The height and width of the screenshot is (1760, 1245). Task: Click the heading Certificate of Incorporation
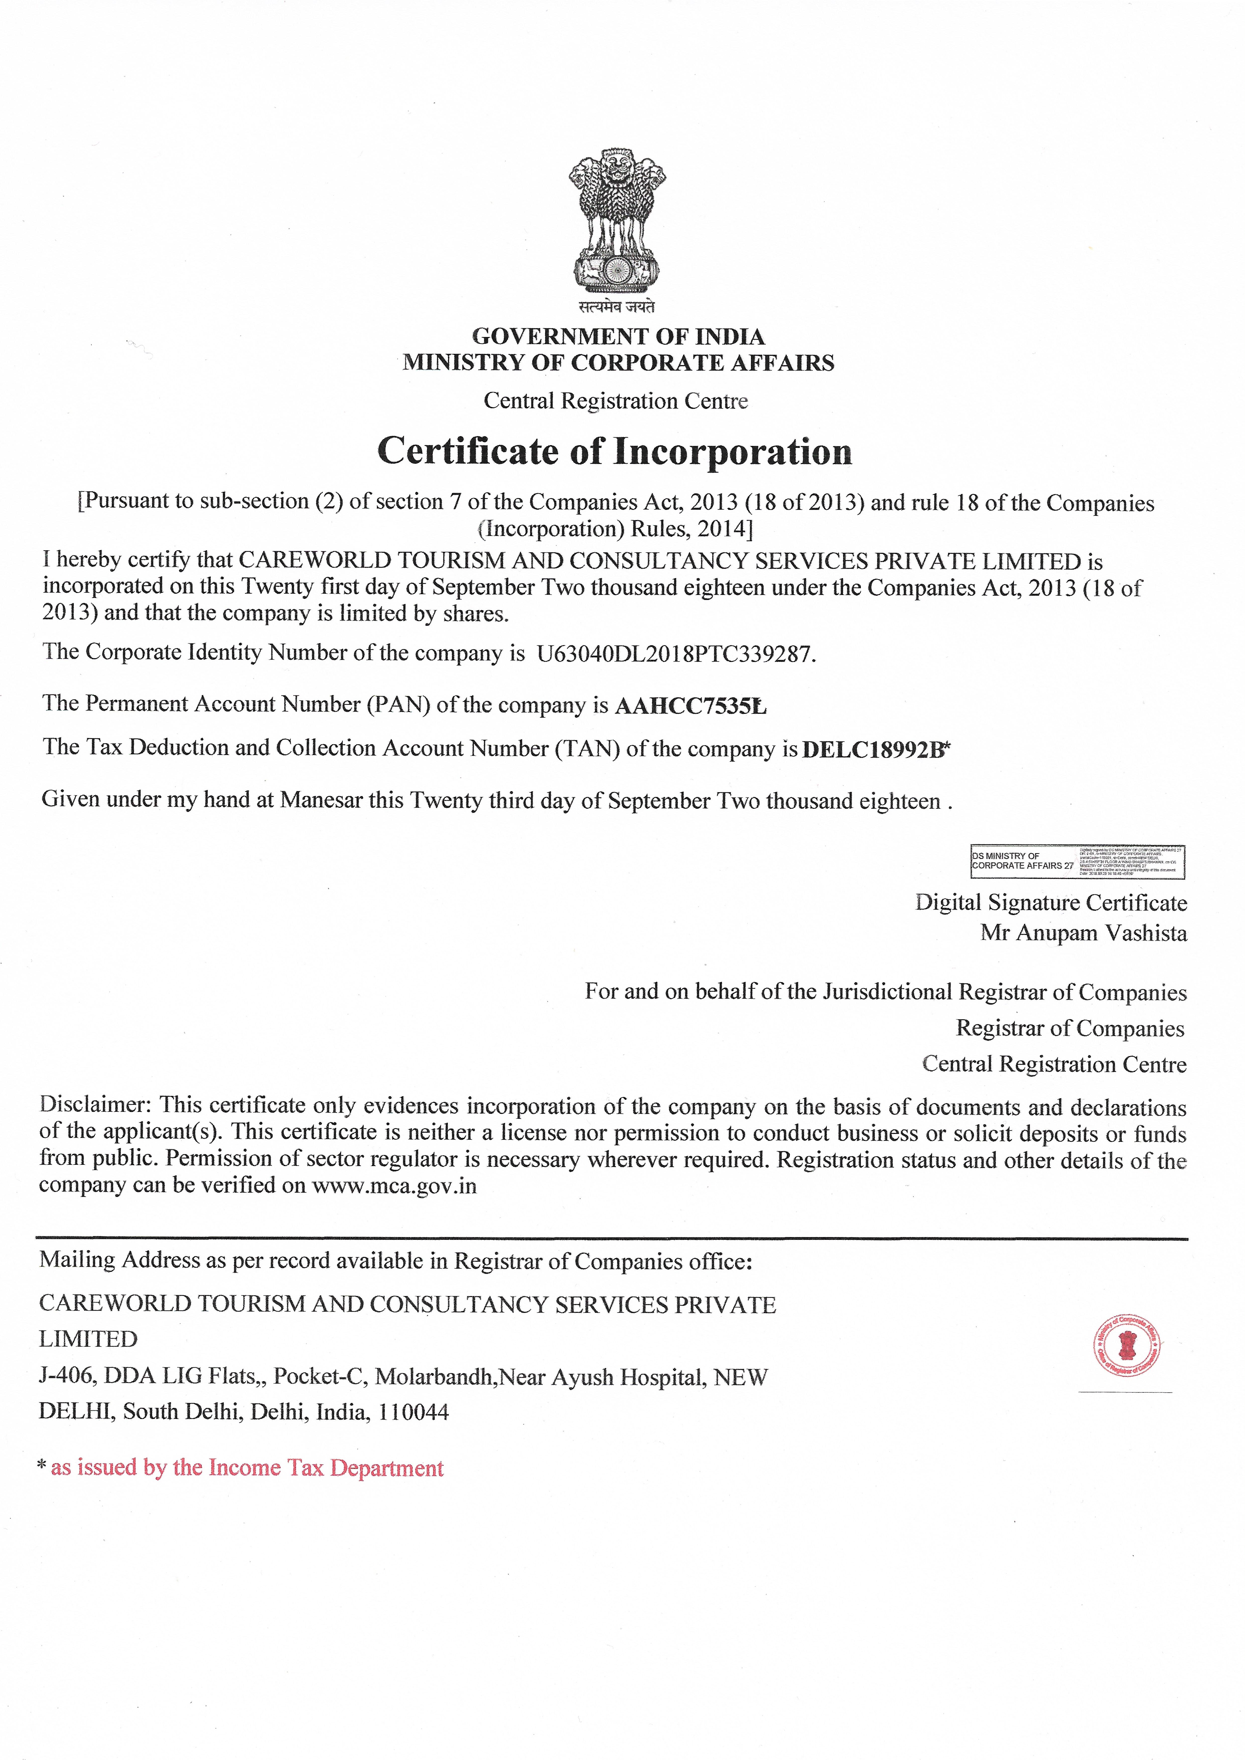pyautogui.click(x=615, y=451)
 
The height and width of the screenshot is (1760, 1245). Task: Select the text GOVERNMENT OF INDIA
pyautogui.click(x=618, y=336)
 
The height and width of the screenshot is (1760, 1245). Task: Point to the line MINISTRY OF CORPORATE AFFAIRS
pyautogui.click(x=618, y=363)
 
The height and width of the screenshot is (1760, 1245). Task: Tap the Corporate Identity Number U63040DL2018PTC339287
pyautogui.click(x=675, y=654)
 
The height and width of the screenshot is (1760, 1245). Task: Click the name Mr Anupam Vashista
pyautogui.click(x=1083, y=933)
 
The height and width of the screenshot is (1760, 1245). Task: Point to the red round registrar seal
pyautogui.click(x=1126, y=1345)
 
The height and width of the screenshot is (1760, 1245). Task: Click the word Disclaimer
pyautogui.click(x=96, y=1105)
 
